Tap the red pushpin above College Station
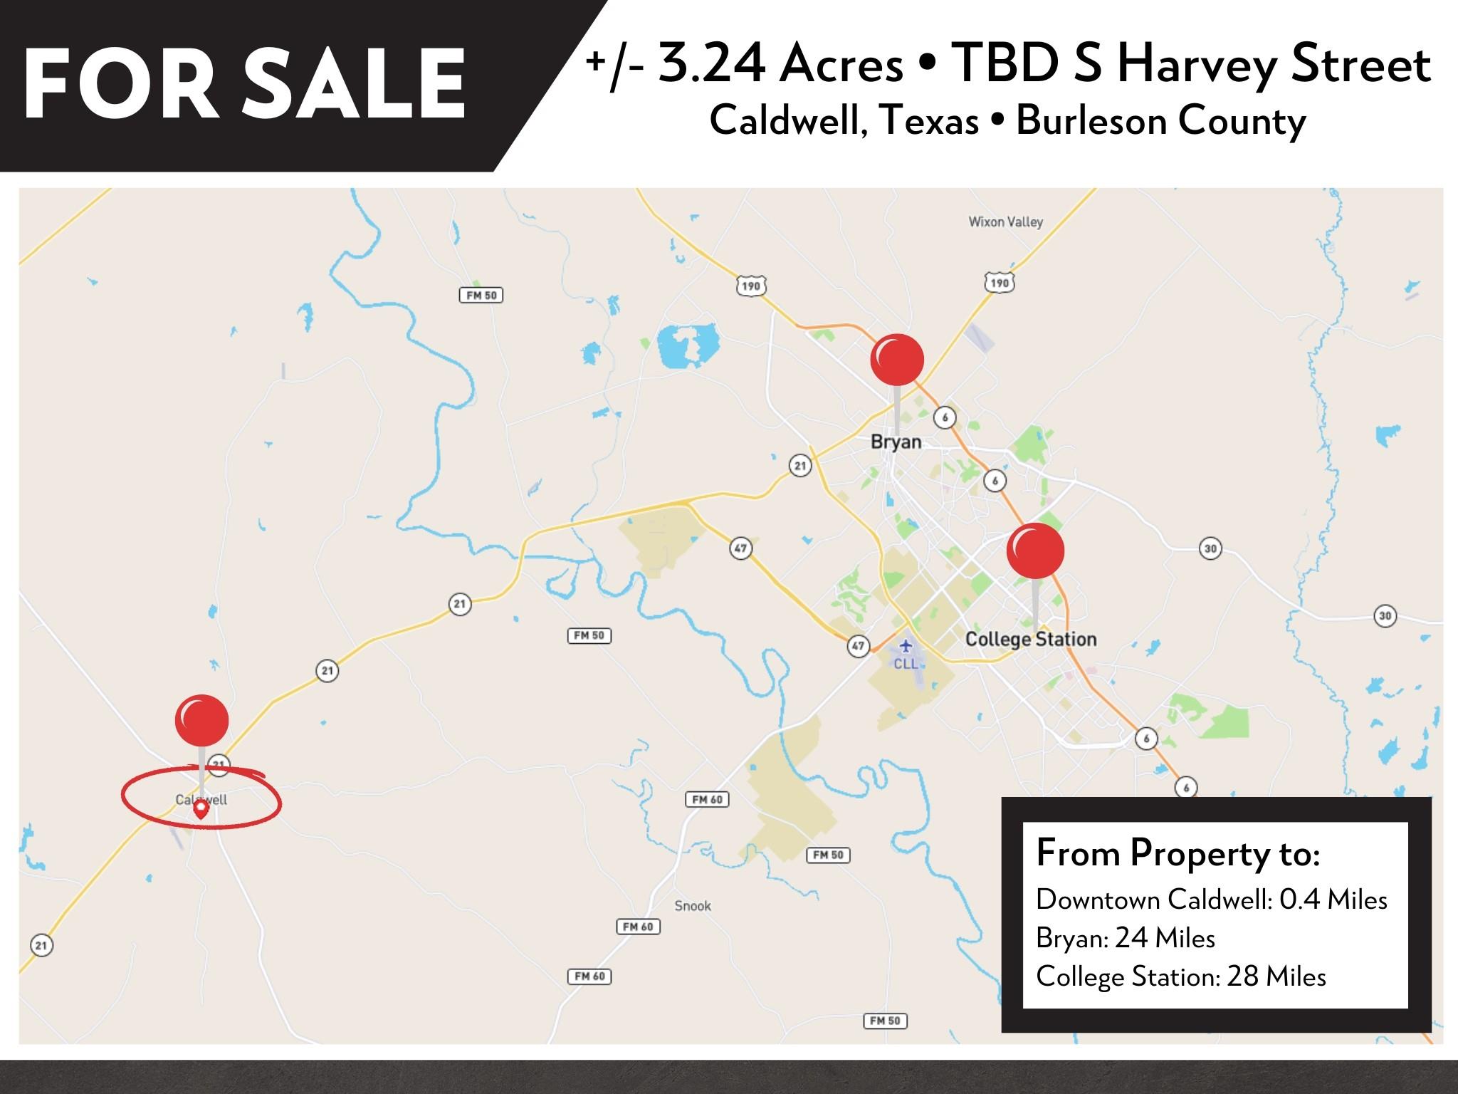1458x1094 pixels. [x=1035, y=551]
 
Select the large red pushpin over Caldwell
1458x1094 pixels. [x=201, y=720]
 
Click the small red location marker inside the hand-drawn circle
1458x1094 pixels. [x=201, y=808]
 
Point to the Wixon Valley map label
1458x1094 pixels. [x=1005, y=222]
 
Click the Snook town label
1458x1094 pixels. [x=693, y=906]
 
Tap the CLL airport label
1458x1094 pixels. [x=906, y=664]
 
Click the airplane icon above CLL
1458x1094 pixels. [x=905, y=646]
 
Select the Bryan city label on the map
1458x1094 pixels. [x=896, y=442]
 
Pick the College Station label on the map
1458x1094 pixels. [x=1030, y=640]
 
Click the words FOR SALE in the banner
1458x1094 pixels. [x=244, y=84]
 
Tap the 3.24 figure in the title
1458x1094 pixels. [x=711, y=64]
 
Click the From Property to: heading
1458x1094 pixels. [x=1178, y=853]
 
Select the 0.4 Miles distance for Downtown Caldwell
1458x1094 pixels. [x=1333, y=900]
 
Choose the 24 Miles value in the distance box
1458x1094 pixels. [x=1165, y=938]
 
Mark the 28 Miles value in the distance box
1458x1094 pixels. [x=1276, y=976]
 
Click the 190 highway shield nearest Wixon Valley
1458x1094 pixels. [x=1000, y=283]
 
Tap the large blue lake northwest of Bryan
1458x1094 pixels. [x=687, y=345]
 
